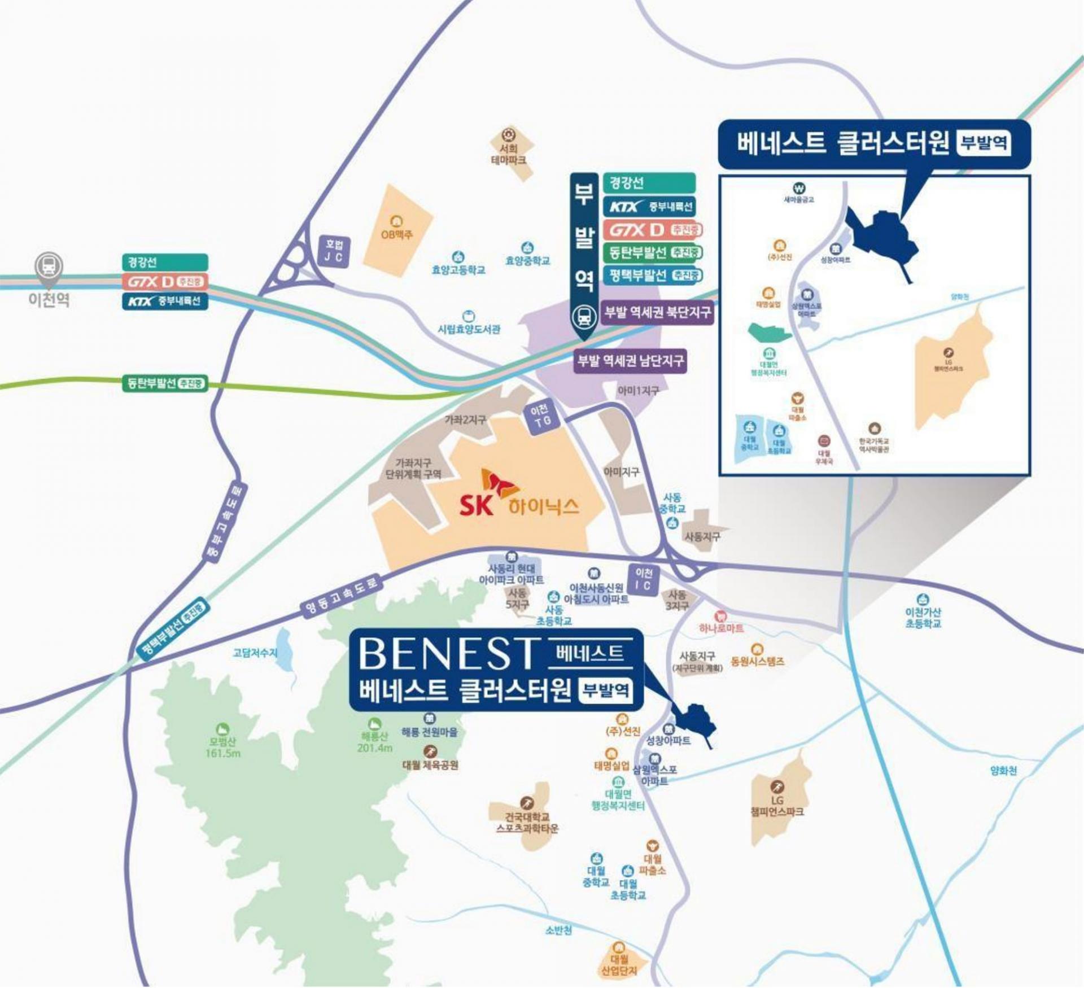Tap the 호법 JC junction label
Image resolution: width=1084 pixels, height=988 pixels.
pyautogui.click(x=334, y=251)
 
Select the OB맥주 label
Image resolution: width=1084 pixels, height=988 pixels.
pyautogui.click(x=397, y=234)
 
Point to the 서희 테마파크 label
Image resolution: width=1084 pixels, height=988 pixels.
pyautogui.click(x=509, y=154)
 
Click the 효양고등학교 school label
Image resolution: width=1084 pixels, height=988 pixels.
pyautogui.click(x=458, y=270)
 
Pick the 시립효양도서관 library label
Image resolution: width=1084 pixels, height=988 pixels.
pyautogui.click(x=469, y=329)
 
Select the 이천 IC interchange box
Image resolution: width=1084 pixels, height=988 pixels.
pyautogui.click(x=643, y=579)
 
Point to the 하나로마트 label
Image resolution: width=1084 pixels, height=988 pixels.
pyautogui.click(x=721, y=628)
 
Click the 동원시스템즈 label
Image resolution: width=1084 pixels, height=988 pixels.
pyautogui.click(x=757, y=661)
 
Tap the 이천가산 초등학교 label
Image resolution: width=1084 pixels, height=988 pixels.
pyautogui.click(x=923, y=618)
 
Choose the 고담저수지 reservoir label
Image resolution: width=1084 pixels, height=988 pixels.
pyautogui.click(x=255, y=653)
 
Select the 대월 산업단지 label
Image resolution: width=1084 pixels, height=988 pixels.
pyautogui.click(x=619, y=964)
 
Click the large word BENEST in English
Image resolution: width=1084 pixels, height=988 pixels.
pyautogui.click(x=446, y=653)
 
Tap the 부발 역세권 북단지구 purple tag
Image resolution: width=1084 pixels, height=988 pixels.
pyautogui.click(x=658, y=312)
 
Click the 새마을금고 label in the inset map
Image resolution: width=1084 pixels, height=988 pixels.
pyautogui.click(x=799, y=199)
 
